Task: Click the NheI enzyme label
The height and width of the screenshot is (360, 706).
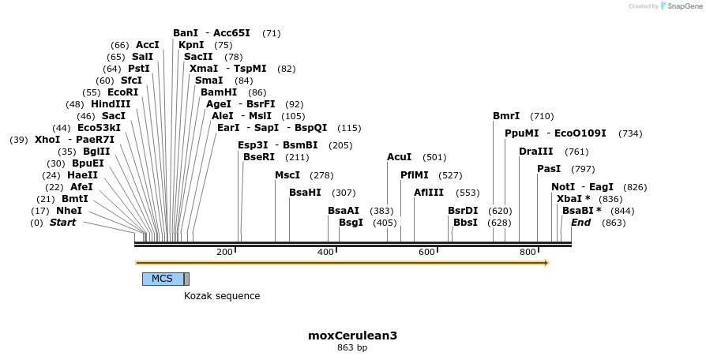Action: point(69,211)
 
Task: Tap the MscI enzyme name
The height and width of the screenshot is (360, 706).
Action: point(287,175)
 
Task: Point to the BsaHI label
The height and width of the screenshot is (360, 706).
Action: point(306,193)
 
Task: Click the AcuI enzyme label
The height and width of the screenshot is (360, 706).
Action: point(400,157)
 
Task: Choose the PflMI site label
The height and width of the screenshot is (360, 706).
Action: point(415,175)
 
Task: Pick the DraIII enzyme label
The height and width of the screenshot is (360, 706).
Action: point(536,152)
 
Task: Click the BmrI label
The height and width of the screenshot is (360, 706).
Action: point(506,116)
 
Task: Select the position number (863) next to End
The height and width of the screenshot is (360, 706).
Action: point(614,223)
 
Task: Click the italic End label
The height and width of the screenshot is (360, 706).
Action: point(581,223)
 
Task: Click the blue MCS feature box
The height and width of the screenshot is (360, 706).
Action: point(163,279)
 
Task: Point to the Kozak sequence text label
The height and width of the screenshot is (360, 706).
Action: point(222,296)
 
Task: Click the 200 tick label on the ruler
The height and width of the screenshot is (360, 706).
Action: point(225,252)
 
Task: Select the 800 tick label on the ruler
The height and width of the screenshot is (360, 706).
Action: point(528,252)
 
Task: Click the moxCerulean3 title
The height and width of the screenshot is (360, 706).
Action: point(352,336)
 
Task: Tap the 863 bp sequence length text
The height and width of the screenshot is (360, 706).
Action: point(352,347)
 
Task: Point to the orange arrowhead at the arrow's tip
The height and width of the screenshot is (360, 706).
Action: point(544,263)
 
